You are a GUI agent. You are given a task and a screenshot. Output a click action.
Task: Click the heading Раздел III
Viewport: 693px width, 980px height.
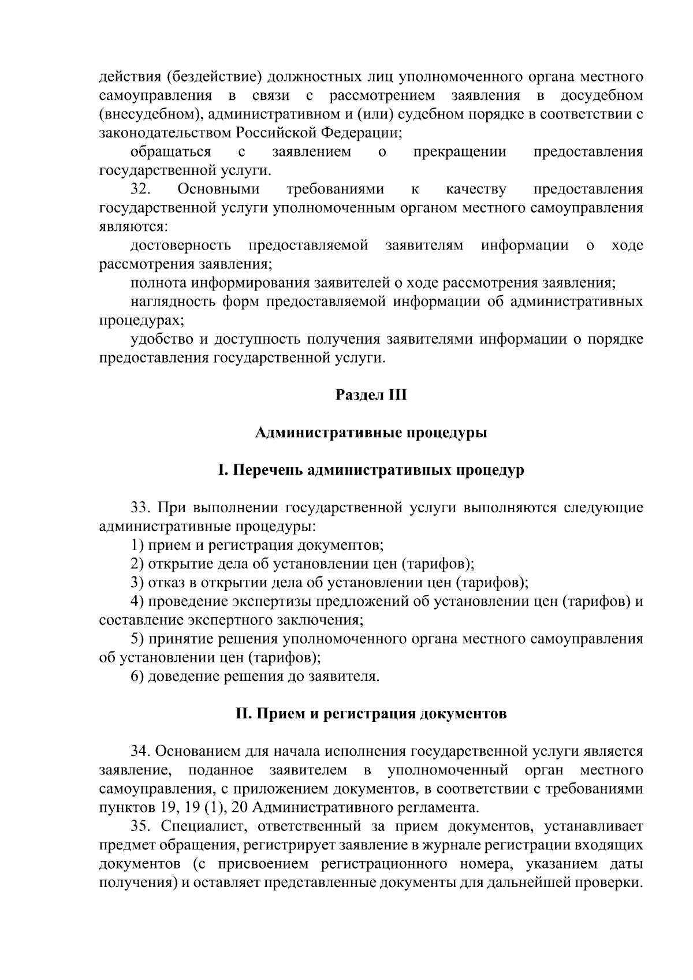[371, 396]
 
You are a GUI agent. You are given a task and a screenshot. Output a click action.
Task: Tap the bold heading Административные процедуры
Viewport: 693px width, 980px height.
[371, 433]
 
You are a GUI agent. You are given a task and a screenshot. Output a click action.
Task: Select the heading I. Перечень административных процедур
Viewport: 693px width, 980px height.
[371, 470]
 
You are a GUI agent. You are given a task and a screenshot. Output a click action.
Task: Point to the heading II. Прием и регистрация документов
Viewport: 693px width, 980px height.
[371, 714]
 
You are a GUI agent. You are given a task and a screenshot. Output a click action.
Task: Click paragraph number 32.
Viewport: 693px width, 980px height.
[141, 189]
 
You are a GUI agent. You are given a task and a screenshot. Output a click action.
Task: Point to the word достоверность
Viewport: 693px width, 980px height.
[181, 245]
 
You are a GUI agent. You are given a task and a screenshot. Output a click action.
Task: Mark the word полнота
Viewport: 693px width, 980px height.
[158, 283]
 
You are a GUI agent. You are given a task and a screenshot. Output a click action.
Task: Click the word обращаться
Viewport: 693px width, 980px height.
[170, 152]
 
